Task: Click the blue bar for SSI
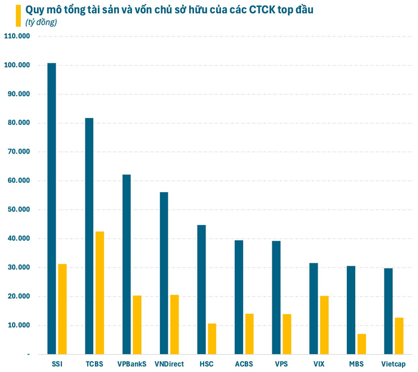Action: pyautogui.click(x=52, y=208)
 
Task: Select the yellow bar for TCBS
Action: pyautogui.click(x=99, y=293)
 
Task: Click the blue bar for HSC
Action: pyautogui.click(x=201, y=290)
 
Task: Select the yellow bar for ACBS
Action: pyautogui.click(x=249, y=334)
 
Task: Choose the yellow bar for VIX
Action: pyautogui.click(x=324, y=325)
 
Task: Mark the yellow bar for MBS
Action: pyautogui.click(x=361, y=344)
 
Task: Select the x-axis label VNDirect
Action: pyautogui.click(x=169, y=363)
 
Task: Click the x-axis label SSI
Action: pyautogui.click(x=57, y=363)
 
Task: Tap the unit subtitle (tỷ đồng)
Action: pyautogui.click(x=41, y=22)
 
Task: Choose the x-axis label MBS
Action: pyautogui.click(x=356, y=363)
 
